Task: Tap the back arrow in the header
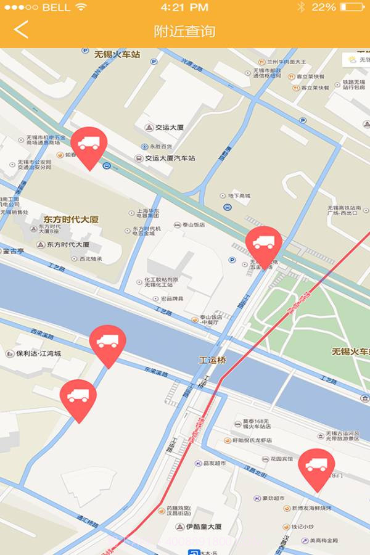coord(21,30)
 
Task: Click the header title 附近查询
coord(184,30)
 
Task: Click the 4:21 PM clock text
coord(184,7)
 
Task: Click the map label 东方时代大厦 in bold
coord(71,219)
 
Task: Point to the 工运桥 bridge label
coord(213,359)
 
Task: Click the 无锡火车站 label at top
coord(117,54)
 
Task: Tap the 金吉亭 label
coord(13,251)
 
